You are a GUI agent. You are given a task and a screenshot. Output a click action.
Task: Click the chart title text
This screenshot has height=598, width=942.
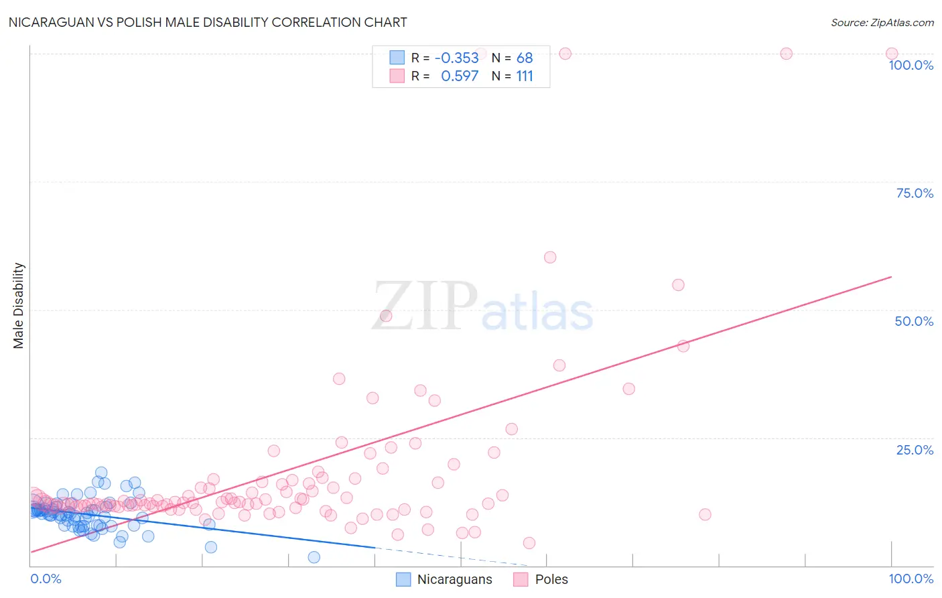pos(208,22)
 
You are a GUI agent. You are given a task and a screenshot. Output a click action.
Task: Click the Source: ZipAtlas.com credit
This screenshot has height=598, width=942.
pos(882,22)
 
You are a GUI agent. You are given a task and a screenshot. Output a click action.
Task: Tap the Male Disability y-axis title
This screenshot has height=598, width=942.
pos(19,305)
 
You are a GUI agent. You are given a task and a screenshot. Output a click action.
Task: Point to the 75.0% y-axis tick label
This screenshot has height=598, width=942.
pos(914,193)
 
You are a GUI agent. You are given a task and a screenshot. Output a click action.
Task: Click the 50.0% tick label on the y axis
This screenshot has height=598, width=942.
pos(914,321)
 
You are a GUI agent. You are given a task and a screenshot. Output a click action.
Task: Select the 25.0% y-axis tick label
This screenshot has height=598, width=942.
pos(914,450)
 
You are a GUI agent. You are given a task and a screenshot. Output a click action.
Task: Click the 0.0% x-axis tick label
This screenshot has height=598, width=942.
pos(46,579)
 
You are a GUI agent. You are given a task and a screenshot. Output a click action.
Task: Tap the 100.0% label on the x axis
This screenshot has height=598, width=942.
pos(911,579)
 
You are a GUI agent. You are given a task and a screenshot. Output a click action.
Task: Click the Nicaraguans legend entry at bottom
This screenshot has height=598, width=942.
pos(444,579)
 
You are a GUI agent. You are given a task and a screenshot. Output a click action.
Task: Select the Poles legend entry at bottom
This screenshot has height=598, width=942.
pos(541,579)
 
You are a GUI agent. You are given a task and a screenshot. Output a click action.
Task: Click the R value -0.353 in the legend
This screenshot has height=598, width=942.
pos(456,58)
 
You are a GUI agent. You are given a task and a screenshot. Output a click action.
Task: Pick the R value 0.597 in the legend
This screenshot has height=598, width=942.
pos(460,76)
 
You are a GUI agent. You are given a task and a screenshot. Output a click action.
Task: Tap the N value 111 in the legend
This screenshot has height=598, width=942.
pos(524,76)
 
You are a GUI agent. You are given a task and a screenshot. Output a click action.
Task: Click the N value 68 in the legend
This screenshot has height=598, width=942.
pos(524,58)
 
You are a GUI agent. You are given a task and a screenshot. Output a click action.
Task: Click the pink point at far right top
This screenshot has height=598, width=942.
pos(892,54)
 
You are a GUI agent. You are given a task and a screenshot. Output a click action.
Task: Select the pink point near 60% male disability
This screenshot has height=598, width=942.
pos(550,257)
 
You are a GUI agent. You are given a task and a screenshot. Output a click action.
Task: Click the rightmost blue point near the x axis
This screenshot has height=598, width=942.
pos(314,557)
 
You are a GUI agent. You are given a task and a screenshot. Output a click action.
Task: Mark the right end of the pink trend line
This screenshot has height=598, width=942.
pos(891,276)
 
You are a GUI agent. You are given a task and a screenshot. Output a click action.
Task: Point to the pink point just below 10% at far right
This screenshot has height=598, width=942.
pos(705,515)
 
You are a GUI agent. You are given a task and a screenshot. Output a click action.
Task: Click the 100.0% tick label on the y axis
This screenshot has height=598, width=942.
pos(911,65)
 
